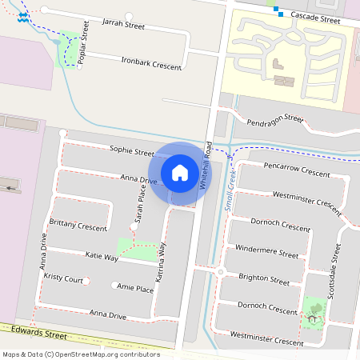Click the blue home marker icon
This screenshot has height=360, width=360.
click(x=180, y=172)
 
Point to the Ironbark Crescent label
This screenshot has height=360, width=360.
click(x=150, y=63)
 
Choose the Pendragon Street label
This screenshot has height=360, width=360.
click(x=275, y=120)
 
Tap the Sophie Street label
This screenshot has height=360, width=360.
click(x=132, y=150)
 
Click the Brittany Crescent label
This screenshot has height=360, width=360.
click(x=78, y=225)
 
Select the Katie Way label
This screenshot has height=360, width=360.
click(x=102, y=256)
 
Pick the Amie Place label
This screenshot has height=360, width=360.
click(x=134, y=287)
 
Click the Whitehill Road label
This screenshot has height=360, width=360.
click(x=206, y=165)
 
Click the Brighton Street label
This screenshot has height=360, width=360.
click(x=264, y=279)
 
